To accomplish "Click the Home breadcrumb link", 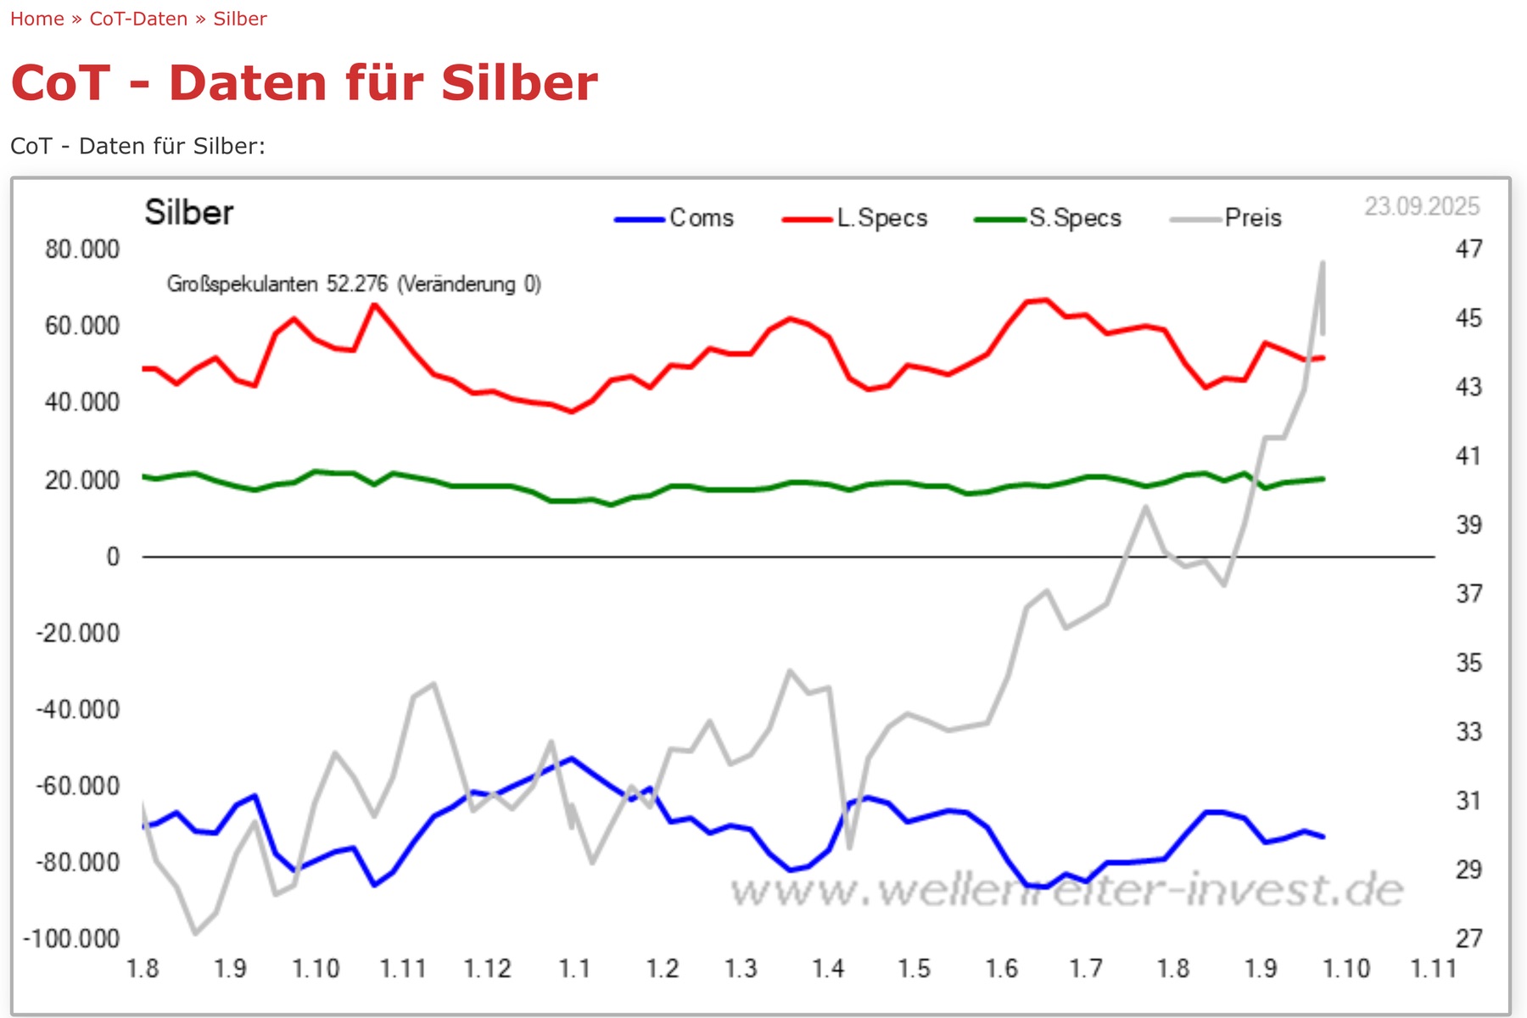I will point(36,19).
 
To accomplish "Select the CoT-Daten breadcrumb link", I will point(138,19).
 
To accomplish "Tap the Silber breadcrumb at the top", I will point(240,19).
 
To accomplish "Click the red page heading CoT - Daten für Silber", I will point(304,83).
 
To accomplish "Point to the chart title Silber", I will point(188,212).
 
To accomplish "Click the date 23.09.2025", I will point(1422,206).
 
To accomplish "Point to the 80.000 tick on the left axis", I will point(82,249).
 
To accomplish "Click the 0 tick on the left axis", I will point(113,557).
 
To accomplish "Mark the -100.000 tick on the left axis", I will point(71,938).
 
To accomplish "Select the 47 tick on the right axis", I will point(1468,249).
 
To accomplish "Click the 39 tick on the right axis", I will point(1468,524).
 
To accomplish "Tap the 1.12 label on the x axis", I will point(487,968).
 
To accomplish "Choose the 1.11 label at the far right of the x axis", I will point(1433,968).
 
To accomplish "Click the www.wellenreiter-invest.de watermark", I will point(1066,890).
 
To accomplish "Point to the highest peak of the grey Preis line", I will point(1323,263).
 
